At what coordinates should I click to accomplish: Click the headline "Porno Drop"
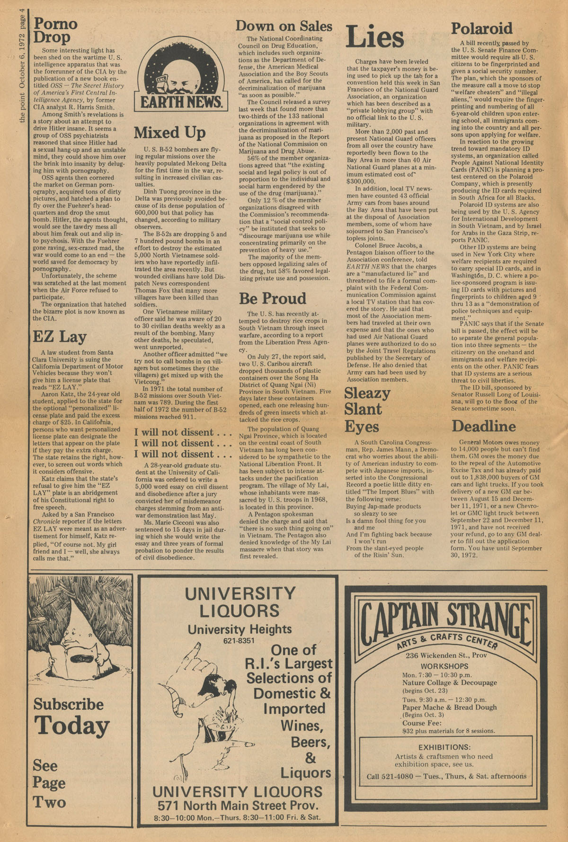point(54,30)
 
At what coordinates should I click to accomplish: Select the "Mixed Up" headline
point(169,132)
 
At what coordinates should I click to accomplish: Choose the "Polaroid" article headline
point(481,28)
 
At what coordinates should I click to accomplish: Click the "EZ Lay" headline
point(59,337)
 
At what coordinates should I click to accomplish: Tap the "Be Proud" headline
point(272,298)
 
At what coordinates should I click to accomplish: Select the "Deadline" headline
point(483,426)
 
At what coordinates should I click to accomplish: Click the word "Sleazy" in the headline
point(367,393)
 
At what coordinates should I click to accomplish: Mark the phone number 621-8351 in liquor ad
point(239,641)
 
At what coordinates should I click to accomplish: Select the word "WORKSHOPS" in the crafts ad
point(444,666)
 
